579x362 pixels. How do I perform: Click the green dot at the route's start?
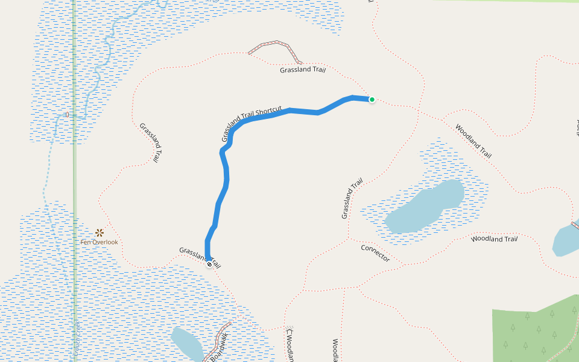click(x=372, y=100)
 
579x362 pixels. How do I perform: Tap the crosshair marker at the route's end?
click(x=209, y=264)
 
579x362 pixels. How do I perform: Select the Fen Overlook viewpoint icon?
click(x=100, y=232)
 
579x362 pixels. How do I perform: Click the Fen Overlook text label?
click(x=100, y=243)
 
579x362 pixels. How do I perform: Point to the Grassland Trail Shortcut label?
click(x=252, y=124)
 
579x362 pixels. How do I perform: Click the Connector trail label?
click(x=375, y=253)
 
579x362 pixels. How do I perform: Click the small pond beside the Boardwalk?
click(x=187, y=343)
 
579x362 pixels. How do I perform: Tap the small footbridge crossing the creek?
click(x=66, y=114)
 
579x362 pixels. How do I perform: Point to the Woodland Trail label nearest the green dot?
click(x=473, y=141)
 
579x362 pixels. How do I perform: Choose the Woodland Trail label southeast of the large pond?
click(x=494, y=239)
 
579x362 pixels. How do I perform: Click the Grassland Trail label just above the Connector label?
click(x=352, y=198)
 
